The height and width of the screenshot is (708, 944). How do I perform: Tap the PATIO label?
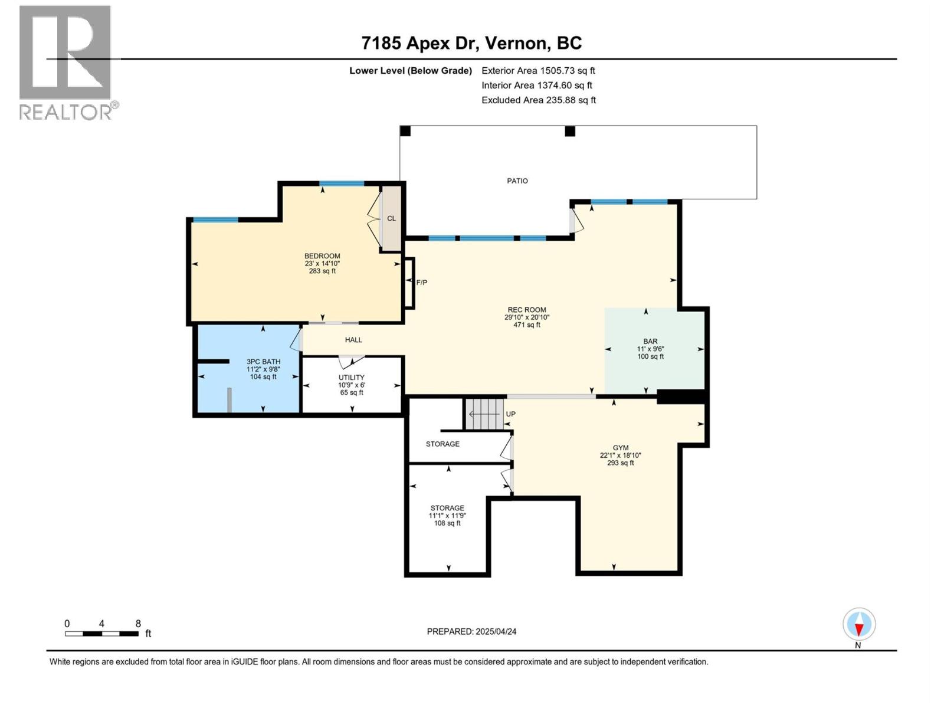(517, 181)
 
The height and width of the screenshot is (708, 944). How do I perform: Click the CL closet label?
(391, 218)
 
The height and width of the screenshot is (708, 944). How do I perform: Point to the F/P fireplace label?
(421, 283)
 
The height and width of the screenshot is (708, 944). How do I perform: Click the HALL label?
(353, 340)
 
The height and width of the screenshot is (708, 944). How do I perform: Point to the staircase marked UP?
(485, 414)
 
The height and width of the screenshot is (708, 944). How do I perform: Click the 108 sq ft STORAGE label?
(447, 516)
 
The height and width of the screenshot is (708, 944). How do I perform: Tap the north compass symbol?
(859, 624)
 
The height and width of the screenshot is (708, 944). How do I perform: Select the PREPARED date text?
(471, 631)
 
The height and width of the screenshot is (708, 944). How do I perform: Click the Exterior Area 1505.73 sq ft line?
(538, 70)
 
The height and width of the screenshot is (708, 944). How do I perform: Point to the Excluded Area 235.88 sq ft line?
(539, 100)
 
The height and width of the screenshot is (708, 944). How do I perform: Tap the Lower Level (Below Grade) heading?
(410, 71)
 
